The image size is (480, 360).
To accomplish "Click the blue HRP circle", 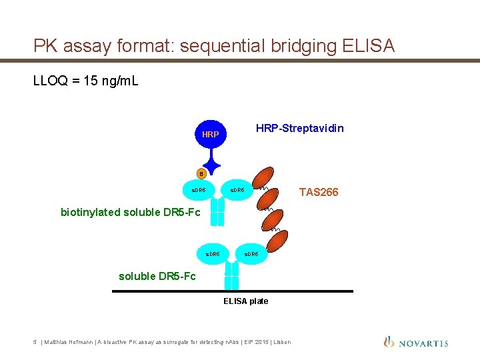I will pos(211,134).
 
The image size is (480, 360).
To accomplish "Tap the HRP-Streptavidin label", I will pos(300,128).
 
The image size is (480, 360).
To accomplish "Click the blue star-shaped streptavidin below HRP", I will pos(212,163).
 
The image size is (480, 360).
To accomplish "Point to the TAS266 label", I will pos(319,192).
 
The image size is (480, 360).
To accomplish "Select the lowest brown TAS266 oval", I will pos(280,242).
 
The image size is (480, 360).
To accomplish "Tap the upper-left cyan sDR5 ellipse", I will pos(199,191).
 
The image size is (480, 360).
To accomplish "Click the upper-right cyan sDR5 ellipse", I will pos(237,191).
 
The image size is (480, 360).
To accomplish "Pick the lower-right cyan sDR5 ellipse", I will pos(251,254).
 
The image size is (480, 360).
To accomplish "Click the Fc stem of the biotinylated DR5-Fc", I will pos(217,213).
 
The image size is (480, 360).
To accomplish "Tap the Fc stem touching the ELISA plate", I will pos(231,275).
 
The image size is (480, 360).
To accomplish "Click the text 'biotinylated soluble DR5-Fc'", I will pos(130,213).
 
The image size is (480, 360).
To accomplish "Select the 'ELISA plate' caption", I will pos(245,301).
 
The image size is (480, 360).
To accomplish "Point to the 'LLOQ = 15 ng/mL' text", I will pos(86,81).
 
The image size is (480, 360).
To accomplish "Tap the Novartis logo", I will pos(416,343).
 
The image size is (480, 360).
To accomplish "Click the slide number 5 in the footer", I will pos(35,343).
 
